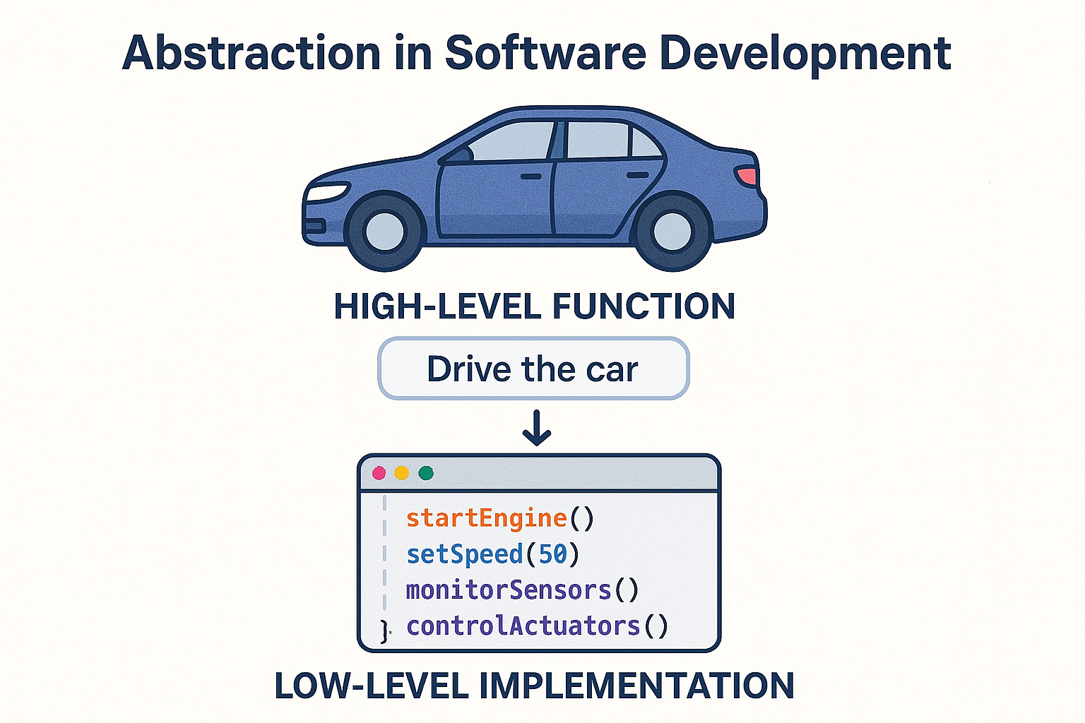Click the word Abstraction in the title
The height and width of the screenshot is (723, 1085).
[251, 54]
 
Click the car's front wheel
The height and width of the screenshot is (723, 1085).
[385, 231]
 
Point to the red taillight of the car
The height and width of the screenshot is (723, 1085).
[747, 175]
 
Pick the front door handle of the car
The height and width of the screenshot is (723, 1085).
[531, 176]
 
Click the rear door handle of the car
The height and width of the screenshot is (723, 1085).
[637, 174]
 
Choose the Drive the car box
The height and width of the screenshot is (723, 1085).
[533, 369]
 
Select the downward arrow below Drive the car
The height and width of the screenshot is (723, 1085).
[537, 428]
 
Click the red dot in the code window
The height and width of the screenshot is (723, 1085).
[379, 473]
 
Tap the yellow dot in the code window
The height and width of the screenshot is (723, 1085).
[402, 473]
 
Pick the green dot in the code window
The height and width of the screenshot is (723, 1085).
[425, 473]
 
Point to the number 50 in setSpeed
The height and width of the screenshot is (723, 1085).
[553, 555]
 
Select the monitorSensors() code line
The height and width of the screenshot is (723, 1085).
[522, 590]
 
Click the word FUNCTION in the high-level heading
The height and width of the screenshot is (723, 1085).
[644, 307]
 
